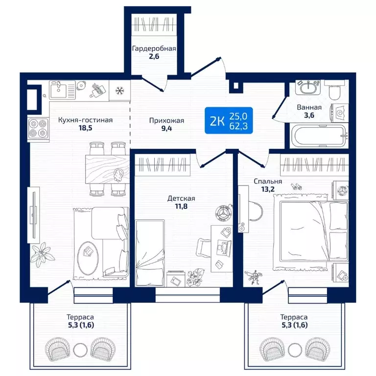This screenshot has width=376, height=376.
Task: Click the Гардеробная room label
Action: [154, 48]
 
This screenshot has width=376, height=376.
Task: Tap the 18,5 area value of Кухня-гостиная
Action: [85, 128]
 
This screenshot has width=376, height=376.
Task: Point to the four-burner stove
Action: [38, 129]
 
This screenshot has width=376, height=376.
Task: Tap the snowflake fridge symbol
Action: [119, 91]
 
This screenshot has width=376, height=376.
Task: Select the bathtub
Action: [319, 136]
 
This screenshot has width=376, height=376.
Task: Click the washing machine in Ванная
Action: [339, 113]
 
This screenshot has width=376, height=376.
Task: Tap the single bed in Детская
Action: [150, 253]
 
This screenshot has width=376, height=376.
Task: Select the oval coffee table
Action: [88, 258]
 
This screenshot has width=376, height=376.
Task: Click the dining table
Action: [107, 169]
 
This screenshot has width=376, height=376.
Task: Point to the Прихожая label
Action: [166, 120]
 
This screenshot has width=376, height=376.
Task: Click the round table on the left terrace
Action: [80, 350]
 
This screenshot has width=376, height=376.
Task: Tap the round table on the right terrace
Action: [295, 350]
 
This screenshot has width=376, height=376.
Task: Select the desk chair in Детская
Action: [203, 248]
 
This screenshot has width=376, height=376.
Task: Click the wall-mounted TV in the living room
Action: [34, 215]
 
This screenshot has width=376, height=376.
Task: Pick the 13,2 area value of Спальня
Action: [268, 189]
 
